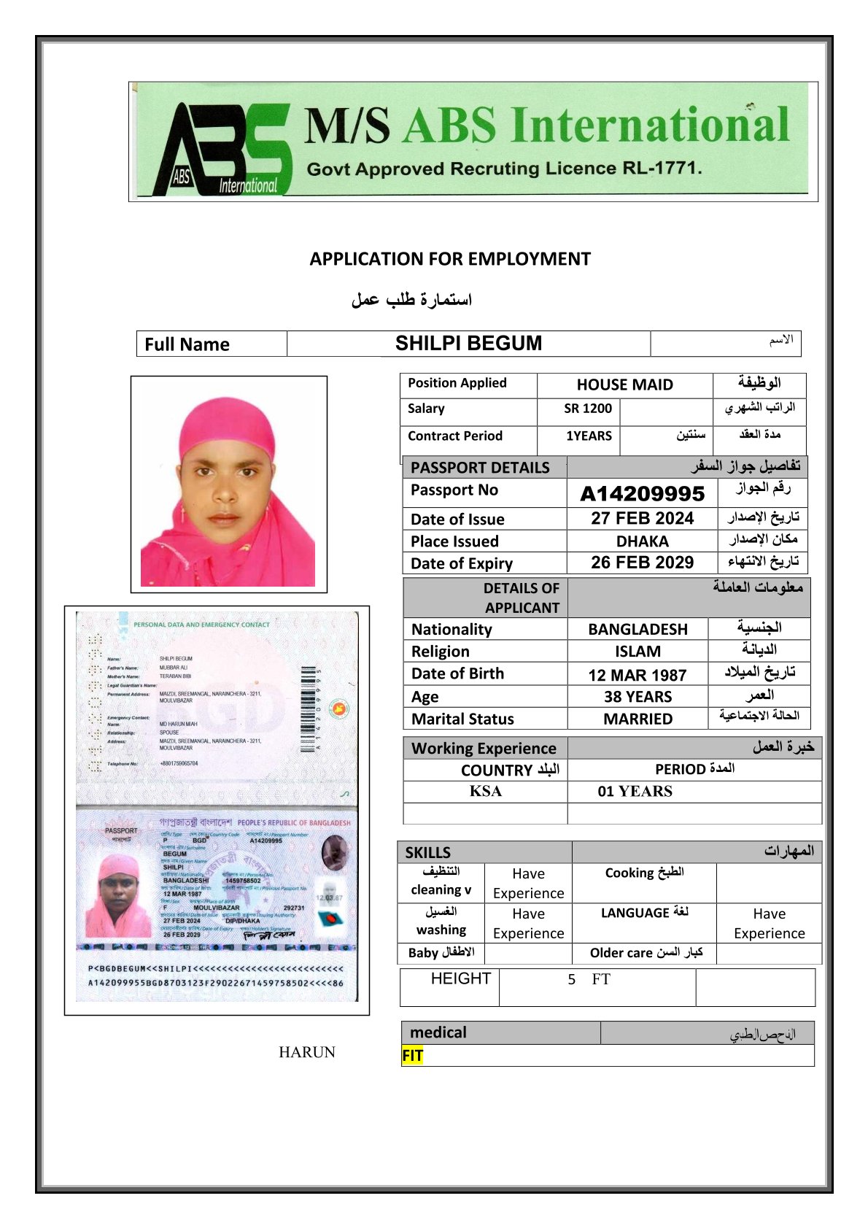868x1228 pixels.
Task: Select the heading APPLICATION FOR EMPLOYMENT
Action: pos(450,259)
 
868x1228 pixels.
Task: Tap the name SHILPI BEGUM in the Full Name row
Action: pos(468,344)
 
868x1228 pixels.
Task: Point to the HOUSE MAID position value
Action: pos(624,385)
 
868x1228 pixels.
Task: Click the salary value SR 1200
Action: pos(587,409)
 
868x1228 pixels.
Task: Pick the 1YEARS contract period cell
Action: pos(589,436)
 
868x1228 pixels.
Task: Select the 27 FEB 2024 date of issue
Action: pos(642,519)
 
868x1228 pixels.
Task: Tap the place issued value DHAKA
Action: pos(642,541)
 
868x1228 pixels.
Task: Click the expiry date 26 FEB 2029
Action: pos(642,563)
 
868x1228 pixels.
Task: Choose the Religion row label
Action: pos(441,652)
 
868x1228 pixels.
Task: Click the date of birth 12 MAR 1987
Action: pos(638,675)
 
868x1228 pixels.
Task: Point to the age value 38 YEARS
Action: pos(638,697)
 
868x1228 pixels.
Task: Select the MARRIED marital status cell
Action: pos(638,719)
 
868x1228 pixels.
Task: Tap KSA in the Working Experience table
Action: pos(485,792)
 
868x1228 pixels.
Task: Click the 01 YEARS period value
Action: pos(635,792)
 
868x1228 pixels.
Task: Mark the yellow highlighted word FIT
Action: pos(412,1056)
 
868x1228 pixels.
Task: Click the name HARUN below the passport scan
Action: pos(306,1052)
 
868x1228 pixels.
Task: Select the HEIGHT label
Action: pos(460,979)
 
